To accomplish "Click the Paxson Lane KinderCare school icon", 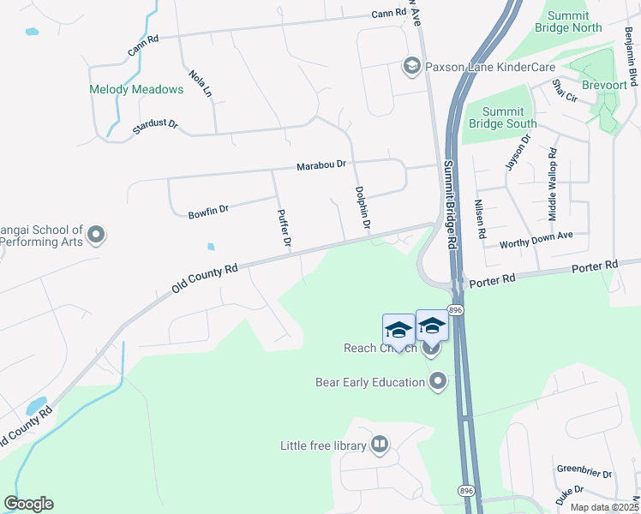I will [411, 66].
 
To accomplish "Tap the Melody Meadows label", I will [137, 89].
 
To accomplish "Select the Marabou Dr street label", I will [321, 164].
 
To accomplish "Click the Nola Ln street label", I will [200, 84].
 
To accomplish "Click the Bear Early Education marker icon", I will [439, 381].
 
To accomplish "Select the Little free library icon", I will [380, 445].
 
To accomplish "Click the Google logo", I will [28, 504].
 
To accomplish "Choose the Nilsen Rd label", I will [480, 219].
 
